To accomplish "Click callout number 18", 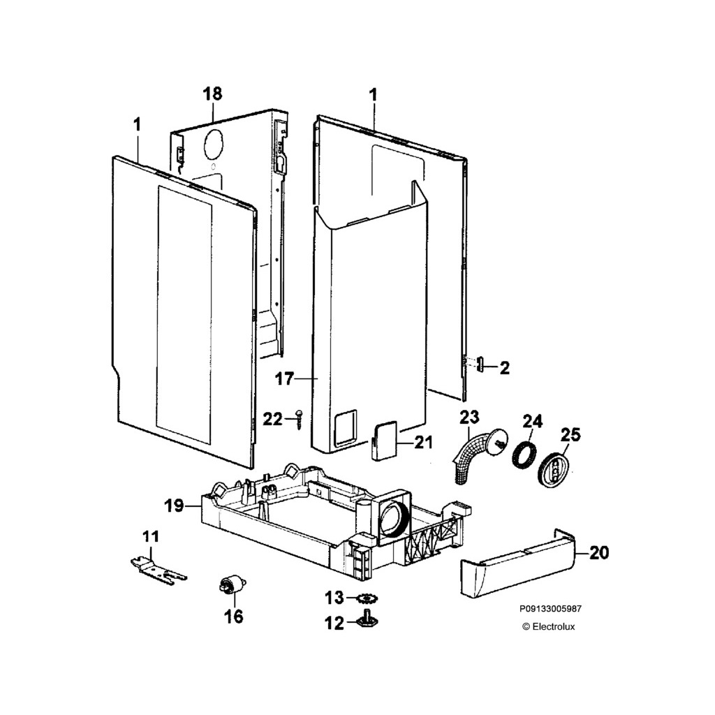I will click(x=212, y=94).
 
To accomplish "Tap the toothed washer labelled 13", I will click(x=366, y=598).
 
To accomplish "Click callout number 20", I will click(x=599, y=553).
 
